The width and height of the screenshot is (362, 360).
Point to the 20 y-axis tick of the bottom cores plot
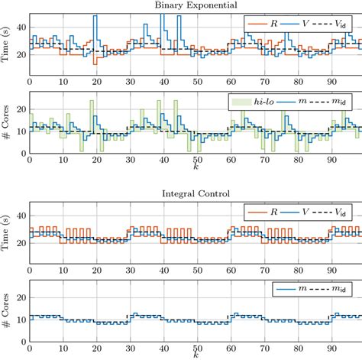pos(21,294)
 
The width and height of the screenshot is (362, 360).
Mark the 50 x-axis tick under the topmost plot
pos(195,80)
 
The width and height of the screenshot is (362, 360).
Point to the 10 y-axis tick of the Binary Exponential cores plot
pos(21,131)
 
